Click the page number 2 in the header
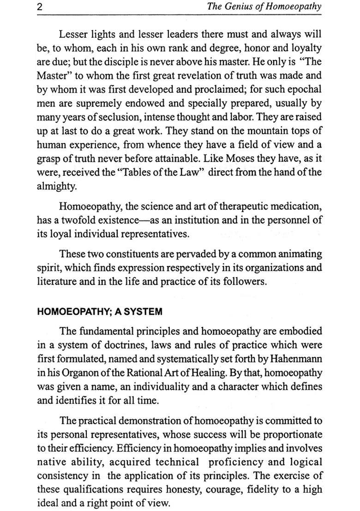coord(40,7)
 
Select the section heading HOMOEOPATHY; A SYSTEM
coord(99,312)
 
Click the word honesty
coord(172,489)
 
